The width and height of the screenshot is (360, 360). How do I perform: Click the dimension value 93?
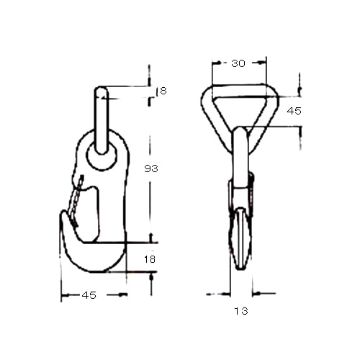pos(151,168)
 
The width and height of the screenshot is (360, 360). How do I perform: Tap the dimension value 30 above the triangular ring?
pos(238,63)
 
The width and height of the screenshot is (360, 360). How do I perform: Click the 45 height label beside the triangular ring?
pos(294,111)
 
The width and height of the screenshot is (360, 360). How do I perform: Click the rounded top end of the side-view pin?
pos(102,91)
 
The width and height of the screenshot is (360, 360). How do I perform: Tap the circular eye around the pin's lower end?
pos(102,156)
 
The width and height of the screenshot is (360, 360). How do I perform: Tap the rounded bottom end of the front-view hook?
pos(241,266)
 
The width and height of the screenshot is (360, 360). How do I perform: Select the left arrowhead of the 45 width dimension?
pos(64,294)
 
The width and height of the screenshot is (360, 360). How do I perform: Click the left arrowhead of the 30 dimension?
pos(215,63)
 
